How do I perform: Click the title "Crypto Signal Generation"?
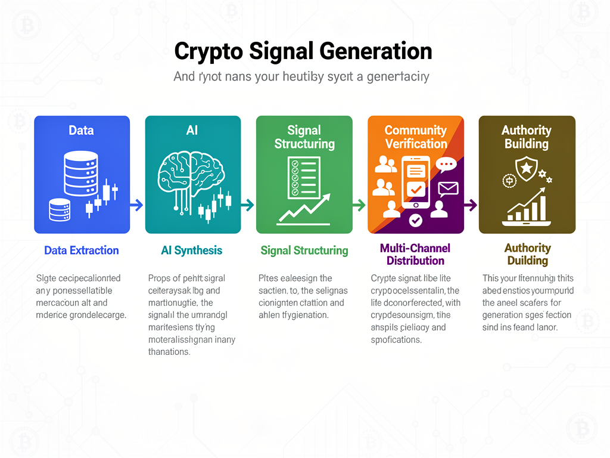point(303,51)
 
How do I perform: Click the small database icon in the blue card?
point(59,210)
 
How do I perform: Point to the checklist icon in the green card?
point(303,177)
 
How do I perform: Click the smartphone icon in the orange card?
point(416,182)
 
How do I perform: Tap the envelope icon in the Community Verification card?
point(447,189)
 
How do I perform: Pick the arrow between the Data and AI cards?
point(137,205)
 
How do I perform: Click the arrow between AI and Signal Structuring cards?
point(248,205)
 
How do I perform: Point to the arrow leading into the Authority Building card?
point(471,205)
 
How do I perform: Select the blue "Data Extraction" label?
point(82,250)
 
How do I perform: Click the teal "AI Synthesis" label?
point(192,250)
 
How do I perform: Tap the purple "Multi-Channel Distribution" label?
point(415,254)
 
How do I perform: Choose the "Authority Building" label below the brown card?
point(527,254)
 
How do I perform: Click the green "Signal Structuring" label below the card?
point(304,250)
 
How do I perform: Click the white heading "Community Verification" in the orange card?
point(416,137)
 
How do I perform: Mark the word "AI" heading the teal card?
point(192,130)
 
